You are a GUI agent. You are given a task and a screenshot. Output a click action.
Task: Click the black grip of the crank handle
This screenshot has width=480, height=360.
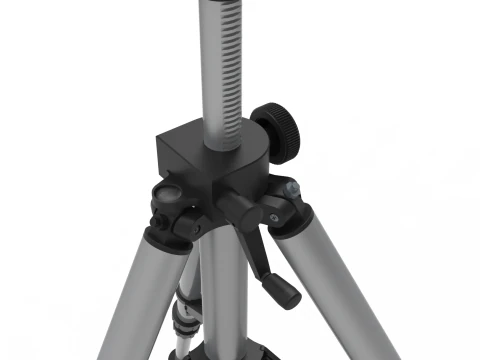tap(284, 290)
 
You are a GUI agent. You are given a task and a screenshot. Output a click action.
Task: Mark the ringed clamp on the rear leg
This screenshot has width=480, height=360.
tap(186, 318)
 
